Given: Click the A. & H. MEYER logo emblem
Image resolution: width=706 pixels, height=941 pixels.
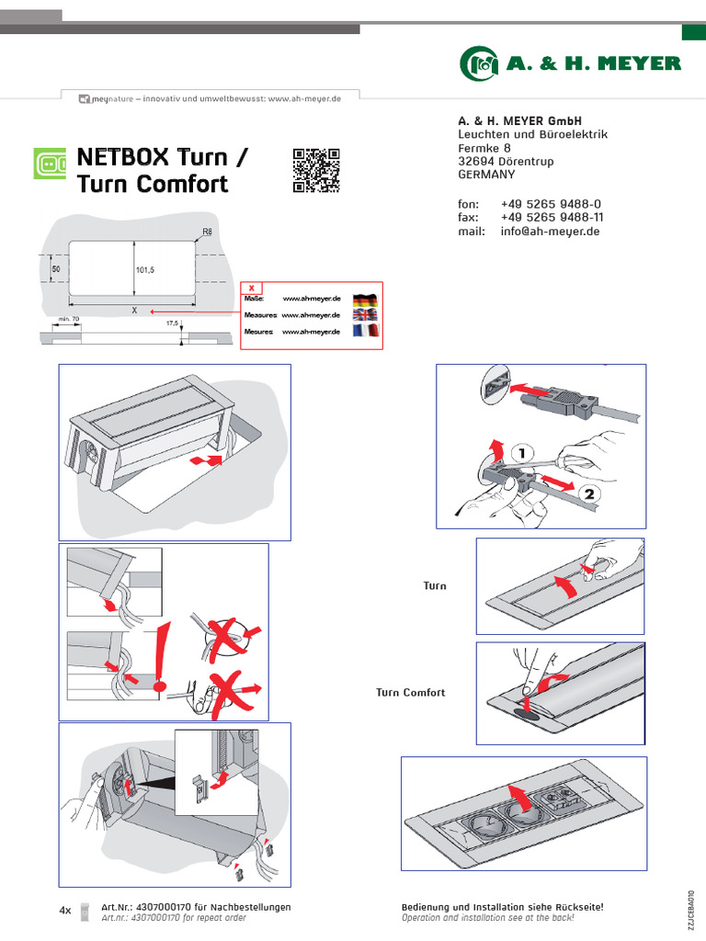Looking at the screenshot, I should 479,63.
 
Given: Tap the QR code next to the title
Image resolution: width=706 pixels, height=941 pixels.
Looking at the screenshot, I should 316,170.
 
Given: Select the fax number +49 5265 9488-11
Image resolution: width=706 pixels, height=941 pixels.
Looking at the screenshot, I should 552,218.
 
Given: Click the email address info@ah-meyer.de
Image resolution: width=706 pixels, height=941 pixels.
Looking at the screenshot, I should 550,232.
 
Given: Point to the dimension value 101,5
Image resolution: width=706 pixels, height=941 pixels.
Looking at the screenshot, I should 145,270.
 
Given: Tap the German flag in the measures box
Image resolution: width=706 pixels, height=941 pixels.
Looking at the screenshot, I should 365,300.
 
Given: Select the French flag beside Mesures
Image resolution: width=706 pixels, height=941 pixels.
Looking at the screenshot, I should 365,331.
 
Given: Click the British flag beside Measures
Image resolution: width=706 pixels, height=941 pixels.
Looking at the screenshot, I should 365,315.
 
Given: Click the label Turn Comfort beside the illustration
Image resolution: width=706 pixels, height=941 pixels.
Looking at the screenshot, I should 410,693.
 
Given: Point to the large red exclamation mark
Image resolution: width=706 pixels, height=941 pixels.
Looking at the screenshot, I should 164,656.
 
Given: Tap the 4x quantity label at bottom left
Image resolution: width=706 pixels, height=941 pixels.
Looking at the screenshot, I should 65,911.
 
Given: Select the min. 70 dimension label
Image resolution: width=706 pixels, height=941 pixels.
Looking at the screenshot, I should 70,320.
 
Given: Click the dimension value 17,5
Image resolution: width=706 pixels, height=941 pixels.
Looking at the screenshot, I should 172,323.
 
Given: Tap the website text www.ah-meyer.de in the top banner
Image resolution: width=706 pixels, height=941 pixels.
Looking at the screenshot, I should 304,98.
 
